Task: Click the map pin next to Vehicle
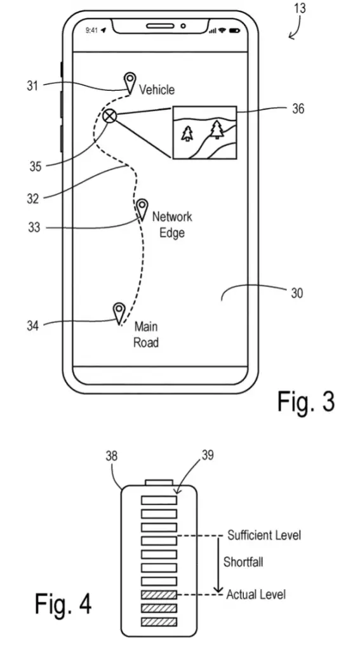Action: coord(131,82)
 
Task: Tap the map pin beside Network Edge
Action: coord(142,209)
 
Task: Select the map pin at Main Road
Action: coord(119,312)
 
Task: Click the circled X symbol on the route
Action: coord(109,117)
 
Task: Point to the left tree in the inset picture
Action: coord(187,133)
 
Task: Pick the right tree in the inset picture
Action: coord(217,129)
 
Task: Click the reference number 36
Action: coord(298,109)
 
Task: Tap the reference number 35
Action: coord(36,167)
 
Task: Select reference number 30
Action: coord(297,293)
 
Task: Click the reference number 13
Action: coord(300,8)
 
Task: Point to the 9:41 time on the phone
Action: coord(91,30)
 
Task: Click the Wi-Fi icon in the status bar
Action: coord(223,30)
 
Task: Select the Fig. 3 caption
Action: coord(305,401)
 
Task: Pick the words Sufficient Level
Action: coord(263,535)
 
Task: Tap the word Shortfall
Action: coord(243,562)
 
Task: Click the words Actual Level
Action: coord(256,594)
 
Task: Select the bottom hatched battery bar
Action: coord(159,622)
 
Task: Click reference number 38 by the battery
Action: coord(112,456)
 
